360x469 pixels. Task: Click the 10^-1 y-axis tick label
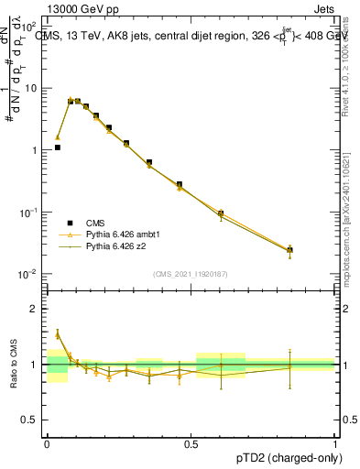tap(30, 213)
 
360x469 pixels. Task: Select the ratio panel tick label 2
tap(37, 309)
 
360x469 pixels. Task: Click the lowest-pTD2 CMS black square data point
tap(57, 147)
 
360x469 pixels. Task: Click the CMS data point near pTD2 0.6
tap(221, 213)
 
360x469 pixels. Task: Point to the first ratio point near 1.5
tap(57, 334)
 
